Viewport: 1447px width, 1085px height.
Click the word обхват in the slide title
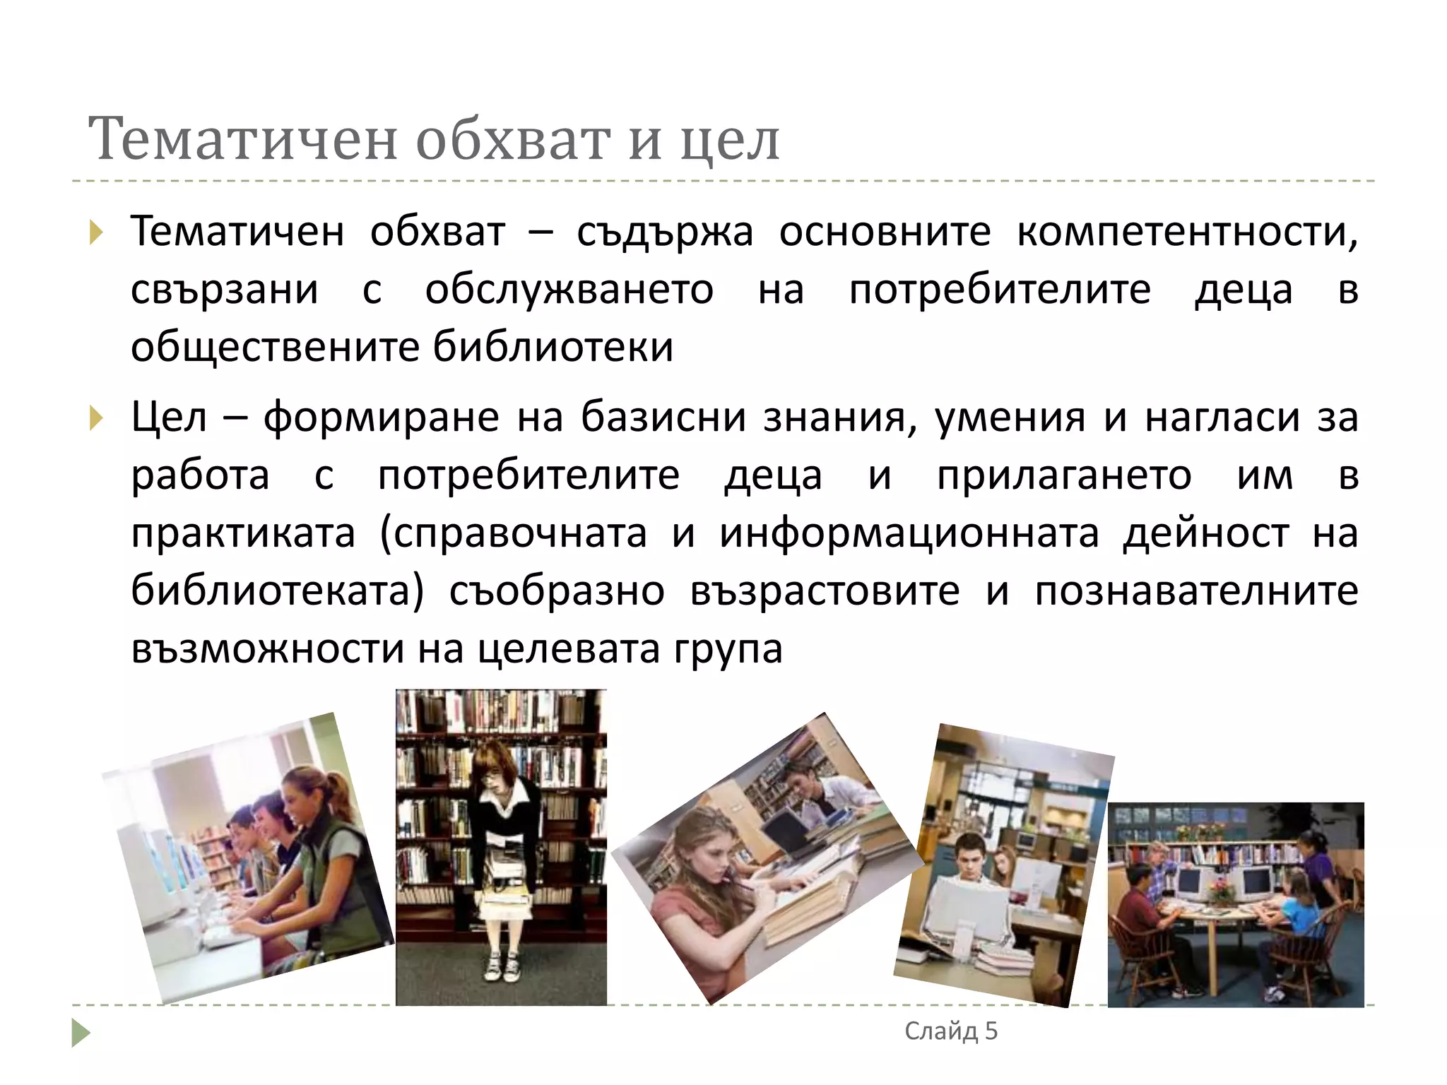[512, 139]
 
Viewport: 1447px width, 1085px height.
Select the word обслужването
[569, 290]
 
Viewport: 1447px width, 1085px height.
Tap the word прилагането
[1064, 476]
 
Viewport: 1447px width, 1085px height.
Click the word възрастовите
[825, 591]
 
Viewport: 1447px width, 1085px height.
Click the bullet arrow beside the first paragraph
[97, 232]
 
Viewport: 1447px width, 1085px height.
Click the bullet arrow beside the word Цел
[97, 418]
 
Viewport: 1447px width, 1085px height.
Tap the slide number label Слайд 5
[951, 1031]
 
